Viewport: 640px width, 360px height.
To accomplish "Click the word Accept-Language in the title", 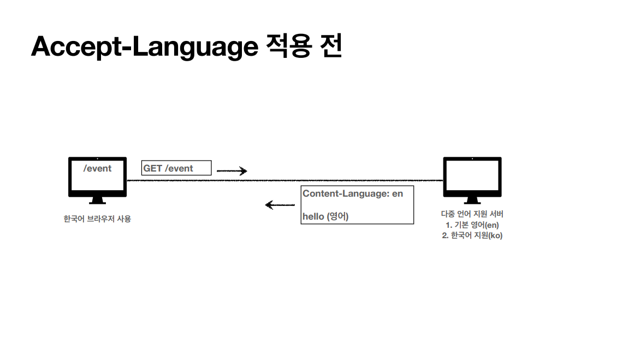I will pyautogui.click(x=144, y=47).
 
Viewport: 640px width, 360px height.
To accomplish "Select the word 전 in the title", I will pyautogui.click(x=329, y=46).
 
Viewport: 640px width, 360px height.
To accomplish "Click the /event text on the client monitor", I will pyautogui.click(x=97, y=168).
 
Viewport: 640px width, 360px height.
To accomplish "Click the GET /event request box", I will pyautogui.click(x=176, y=168).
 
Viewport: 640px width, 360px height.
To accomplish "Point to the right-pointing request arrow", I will pyautogui.click(x=232, y=171).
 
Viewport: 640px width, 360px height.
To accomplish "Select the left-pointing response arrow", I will pyautogui.click(x=280, y=205).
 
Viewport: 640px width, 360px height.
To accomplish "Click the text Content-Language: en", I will pyautogui.click(x=353, y=193).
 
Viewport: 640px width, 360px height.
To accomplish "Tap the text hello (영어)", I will pyautogui.click(x=325, y=216).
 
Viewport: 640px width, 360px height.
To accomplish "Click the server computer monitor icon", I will pyautogui.click(x=472, y=176).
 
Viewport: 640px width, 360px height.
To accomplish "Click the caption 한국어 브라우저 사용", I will pyautogui.click(x=97, y=219).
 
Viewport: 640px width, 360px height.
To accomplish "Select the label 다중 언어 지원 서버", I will pyautogui.click(x=472, y=214).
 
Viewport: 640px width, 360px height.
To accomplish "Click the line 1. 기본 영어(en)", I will pyautogui.click(x=472, y=225).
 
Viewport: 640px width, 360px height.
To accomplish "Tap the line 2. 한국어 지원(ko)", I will pyautogui.click(x=472, y=235).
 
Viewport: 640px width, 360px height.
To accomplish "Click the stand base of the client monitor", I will pyautogui.click(x=97, y=202).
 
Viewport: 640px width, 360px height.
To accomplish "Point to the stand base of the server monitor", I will pyautogui.click(x=472, y=202).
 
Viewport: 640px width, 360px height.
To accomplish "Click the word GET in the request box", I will pyautogui.click(x=153, y=168).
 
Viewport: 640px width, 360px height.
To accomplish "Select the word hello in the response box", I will pyautogui.click(x=313, y=216).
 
